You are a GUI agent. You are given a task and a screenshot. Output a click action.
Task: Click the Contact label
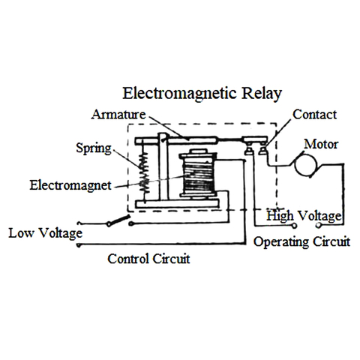[x=314, y=115]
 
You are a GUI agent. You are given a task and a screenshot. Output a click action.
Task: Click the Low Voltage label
[x=44, y=233]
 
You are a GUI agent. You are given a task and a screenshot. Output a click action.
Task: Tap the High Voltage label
[x=304, y=216]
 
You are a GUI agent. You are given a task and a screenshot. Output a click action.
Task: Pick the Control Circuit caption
[x=148, y=259]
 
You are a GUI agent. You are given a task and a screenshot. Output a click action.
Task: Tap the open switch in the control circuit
[x=116, y=220]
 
